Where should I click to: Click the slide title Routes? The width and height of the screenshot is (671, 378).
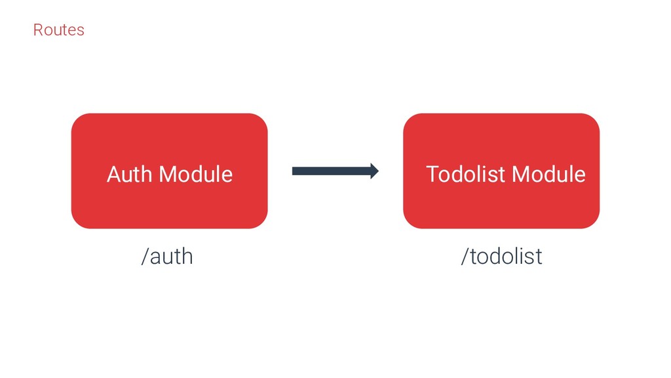(58, 30)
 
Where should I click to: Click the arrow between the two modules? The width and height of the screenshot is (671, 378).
(335, 171)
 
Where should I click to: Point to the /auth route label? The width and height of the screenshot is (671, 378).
(167, 257)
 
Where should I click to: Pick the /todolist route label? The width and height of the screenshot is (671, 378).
(501, 257)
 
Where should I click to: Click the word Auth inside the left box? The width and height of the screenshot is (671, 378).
(130, 175)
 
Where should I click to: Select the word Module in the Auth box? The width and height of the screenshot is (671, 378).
(196, 175)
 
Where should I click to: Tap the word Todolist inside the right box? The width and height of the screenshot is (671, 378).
(466, 175)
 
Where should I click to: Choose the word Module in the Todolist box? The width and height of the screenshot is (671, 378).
(548, 175)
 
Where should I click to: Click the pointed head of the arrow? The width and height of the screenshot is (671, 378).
(375, 171)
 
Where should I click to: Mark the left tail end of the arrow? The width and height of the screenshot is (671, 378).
(294, 171)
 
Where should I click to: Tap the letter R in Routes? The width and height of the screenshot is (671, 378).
(37, 30)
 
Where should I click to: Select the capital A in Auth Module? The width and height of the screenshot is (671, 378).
(113, 175)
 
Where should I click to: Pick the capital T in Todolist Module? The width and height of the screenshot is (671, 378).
(432, 175)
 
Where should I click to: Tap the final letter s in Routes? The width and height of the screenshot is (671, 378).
(81, 31)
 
